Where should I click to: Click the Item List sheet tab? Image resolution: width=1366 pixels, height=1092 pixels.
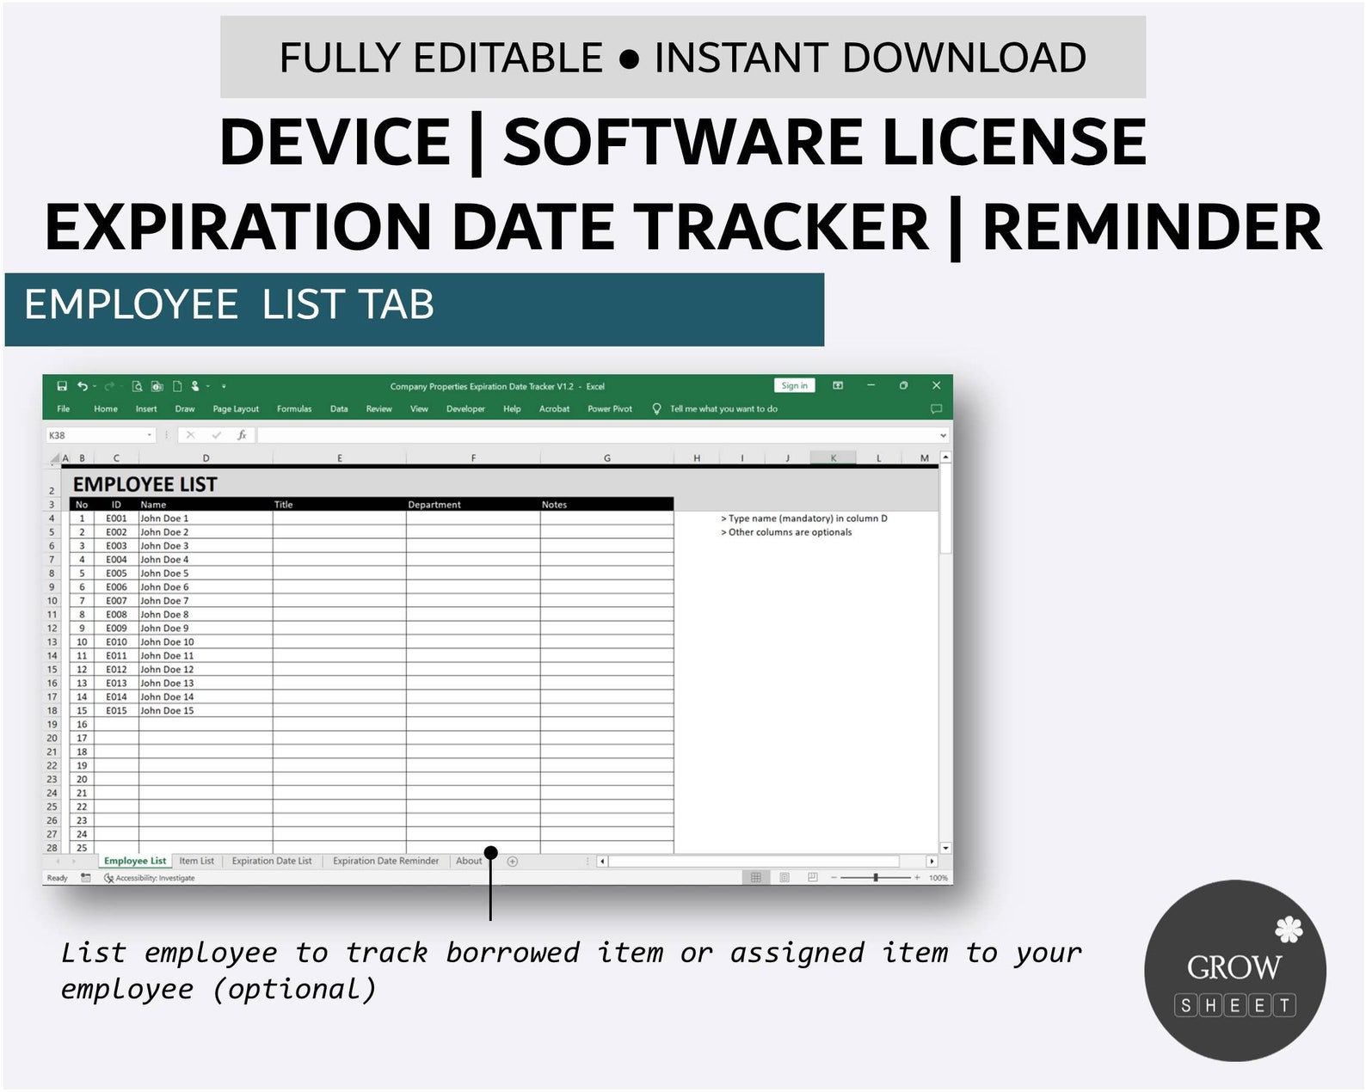196,861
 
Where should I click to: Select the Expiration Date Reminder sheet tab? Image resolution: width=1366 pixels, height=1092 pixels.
385,861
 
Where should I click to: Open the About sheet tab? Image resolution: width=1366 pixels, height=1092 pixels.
469,861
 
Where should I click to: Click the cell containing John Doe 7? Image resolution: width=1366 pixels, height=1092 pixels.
164,601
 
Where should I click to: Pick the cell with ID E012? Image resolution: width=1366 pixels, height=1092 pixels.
116,670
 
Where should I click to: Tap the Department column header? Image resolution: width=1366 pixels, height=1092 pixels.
434,505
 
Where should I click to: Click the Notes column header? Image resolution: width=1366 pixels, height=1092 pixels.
554,505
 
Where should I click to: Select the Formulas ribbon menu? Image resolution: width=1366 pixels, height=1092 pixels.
294,409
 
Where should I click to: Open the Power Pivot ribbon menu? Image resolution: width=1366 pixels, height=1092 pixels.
610,409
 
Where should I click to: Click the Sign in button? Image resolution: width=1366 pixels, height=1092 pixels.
794,386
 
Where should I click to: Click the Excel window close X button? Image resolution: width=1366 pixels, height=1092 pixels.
937,386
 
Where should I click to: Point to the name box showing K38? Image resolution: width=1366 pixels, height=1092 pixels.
99,435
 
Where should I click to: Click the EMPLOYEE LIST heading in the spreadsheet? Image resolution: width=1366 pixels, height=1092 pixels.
145,485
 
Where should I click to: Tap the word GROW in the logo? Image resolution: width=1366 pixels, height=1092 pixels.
1234,968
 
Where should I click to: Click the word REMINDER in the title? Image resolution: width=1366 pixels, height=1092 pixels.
1152,228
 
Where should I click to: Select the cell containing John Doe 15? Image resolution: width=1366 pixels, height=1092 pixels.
167,711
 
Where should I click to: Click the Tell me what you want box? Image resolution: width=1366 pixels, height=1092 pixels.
723,409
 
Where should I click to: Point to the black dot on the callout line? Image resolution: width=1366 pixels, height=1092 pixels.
491,853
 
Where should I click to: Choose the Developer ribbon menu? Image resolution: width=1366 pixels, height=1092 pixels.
465,409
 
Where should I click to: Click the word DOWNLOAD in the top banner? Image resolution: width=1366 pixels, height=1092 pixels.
964,58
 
